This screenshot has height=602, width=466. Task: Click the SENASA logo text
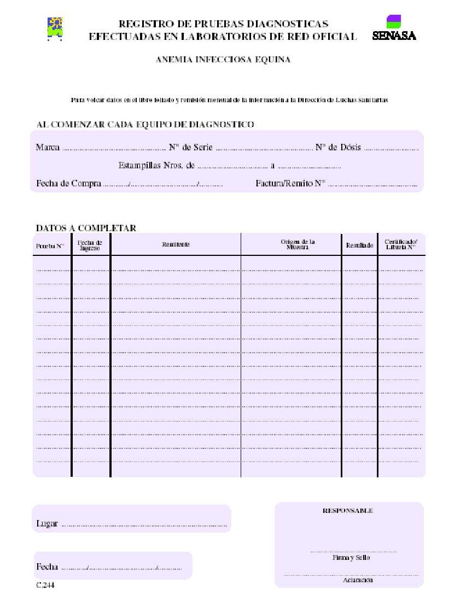[x=394, y=36]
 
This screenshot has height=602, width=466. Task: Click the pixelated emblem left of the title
[x=55, y=28]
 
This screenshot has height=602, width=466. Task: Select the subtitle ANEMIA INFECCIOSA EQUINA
[x=223, y=60]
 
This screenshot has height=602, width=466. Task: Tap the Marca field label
[x=48, y=148]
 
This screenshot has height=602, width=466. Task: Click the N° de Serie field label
[x=190, y=148]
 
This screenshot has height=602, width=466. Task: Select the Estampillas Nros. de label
[x=156, y=165]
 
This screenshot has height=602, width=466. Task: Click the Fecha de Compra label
[x=68, y=184]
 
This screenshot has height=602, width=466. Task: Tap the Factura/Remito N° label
[x=290, y=184]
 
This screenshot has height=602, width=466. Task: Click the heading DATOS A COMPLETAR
[x=86, y=228]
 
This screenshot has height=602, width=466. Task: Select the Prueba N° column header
[x=50, y=246]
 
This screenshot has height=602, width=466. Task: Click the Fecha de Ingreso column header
[x=90, y=245]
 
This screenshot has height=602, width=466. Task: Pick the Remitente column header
[x=176, y=244]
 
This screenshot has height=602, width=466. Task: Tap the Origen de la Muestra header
[x=298, y=244]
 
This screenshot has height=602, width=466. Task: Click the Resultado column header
[x=359, y=246]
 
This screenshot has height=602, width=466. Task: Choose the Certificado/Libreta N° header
[x=401, y=244]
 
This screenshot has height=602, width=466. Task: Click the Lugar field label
[x=47, y=523]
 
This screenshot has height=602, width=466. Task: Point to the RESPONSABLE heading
[x=348, y=510]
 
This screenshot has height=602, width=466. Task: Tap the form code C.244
[x=45, y=586]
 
